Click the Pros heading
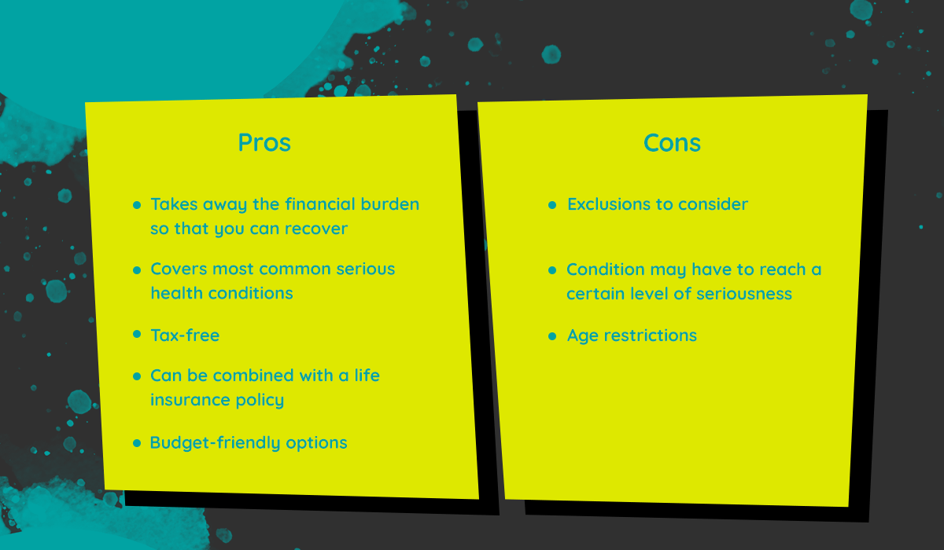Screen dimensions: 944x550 (264, 142)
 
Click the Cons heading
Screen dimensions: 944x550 (672, 143)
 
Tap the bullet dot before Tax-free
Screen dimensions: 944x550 (137, 334)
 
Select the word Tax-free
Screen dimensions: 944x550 (185, 335)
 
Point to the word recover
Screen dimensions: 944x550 (316, 229)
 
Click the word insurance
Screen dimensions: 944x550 (190, 400)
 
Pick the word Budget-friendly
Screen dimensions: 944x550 (215, 442)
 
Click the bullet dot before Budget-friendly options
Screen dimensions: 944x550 (137, 442)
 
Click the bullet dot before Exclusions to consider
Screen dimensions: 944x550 (552, 205)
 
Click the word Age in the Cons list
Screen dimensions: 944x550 (583, 335)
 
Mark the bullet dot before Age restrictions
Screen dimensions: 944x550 (552, 336)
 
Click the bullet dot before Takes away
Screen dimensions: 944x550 (137, 205)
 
